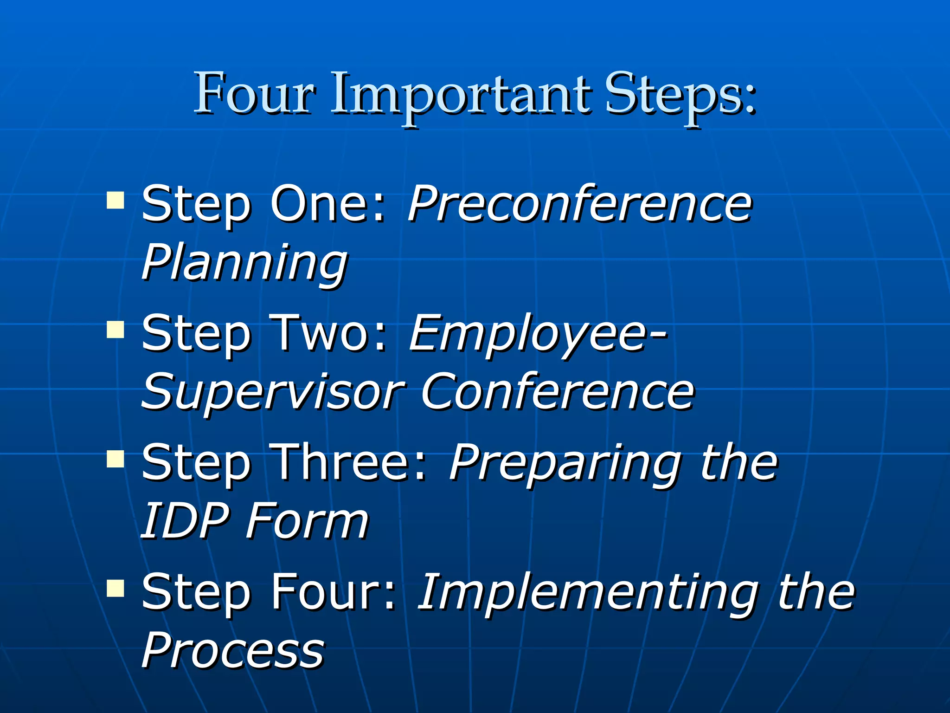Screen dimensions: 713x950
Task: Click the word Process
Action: click(x=233, y=650)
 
